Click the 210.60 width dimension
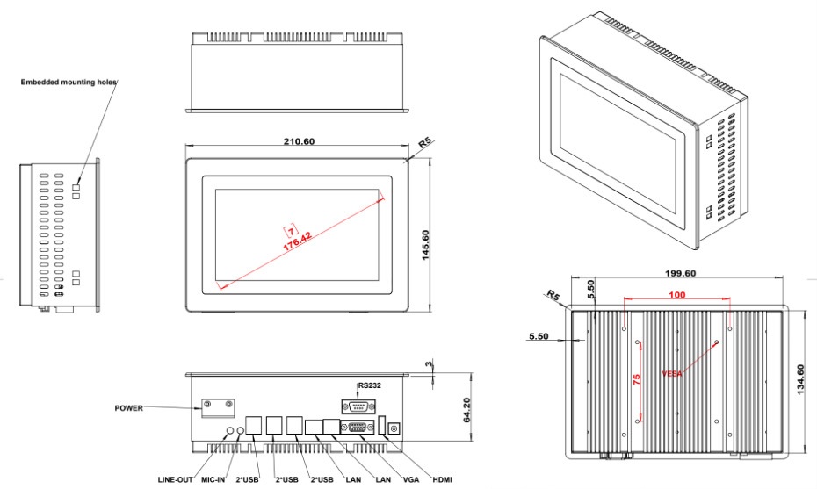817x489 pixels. tap(299, 141)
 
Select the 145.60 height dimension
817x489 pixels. tap(425, 245)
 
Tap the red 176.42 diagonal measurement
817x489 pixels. tap(298, 241)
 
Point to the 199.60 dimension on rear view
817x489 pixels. tap(680, 273)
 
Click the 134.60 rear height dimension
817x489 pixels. tap(801, 379)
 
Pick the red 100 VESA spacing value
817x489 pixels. tap(676, 295)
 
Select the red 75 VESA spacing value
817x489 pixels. tap(636, 379)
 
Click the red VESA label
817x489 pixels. tap(672, 373)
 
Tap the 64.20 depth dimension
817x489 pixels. tap(466, 410)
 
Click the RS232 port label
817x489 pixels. tap(370, 385)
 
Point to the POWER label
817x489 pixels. tap(128, 407)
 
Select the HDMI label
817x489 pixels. tap(443, 479)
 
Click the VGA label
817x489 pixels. tap(411, 479)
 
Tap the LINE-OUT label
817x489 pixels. tap(175, 479)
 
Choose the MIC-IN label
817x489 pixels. tap(213, 479)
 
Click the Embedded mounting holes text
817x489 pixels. tap(69, 82)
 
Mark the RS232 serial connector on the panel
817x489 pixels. tap(358, 406)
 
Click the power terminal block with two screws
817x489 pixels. tap(218, 409)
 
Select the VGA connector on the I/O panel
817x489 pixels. tap(357, 427)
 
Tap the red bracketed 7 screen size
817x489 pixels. tap(291, 231)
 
